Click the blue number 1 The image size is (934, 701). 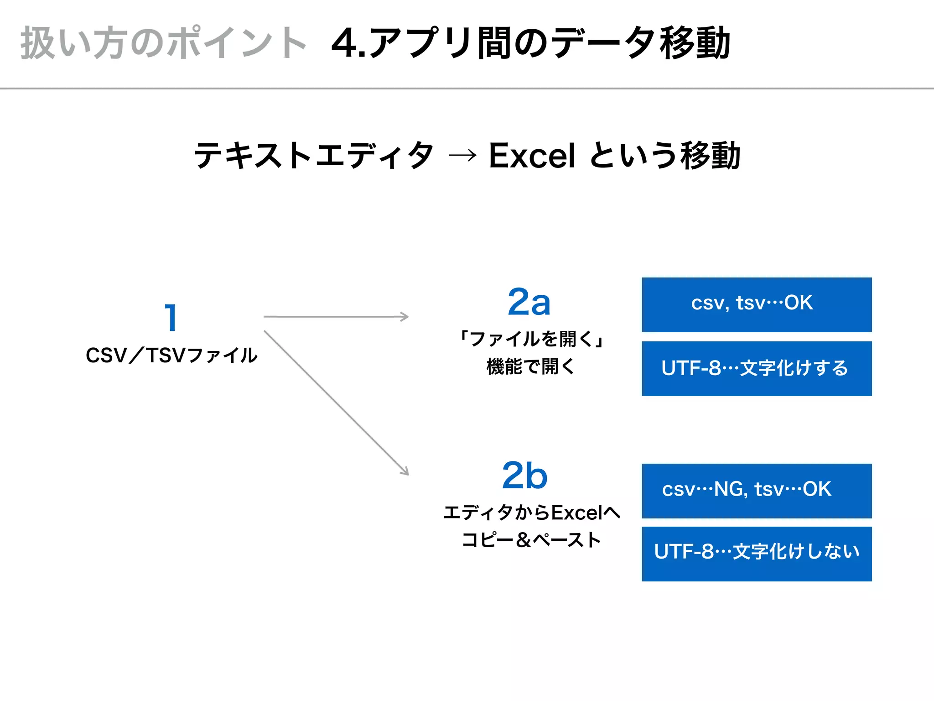(x=171, y=318)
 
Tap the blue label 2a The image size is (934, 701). (x=529, y=302)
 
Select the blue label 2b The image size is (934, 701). (x=524, y=476)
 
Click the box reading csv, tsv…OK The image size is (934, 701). (x=757, y=304)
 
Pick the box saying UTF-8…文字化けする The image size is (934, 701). (x=757, y=368)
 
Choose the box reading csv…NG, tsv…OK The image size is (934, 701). (x=757, y=491)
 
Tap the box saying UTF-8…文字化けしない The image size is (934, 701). (x=757, y=554)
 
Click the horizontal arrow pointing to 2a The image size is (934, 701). (x=336, y=316)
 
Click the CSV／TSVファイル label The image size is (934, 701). (x=171, y=356)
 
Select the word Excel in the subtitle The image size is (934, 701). (x=532, y=156)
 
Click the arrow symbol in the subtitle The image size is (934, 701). (x=462, y=156)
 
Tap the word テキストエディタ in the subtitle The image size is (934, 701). (x=314, y=156)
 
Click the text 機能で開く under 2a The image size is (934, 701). (x=531, y=366)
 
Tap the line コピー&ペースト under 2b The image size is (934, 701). (x=531, y=540)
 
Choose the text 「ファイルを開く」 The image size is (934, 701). (x=531, y=339)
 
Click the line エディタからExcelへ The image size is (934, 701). (x=532, y=513)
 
